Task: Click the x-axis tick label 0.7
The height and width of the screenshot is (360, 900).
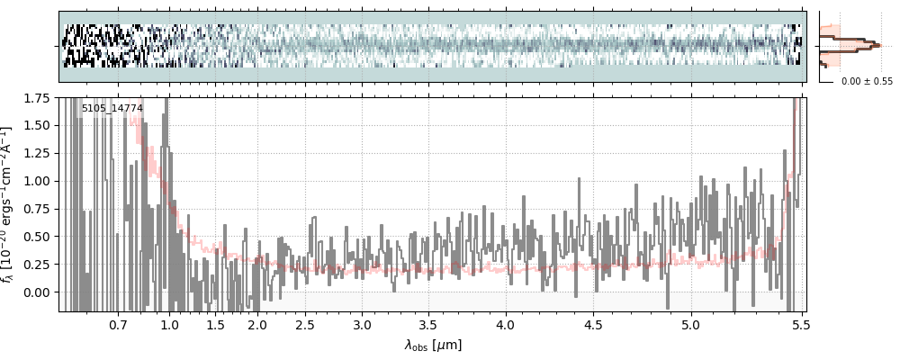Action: click(118, 324)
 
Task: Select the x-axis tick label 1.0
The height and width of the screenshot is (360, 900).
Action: click(169, 324)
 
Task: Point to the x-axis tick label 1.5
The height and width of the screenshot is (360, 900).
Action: click(216, 324)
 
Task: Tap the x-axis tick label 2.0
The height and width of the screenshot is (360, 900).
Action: click(258, 324)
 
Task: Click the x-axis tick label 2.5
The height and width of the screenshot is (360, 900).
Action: click(305, 324)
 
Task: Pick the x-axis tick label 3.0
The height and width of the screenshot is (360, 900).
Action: click(362, 324)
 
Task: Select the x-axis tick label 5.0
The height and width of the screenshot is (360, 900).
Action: click(691, 324)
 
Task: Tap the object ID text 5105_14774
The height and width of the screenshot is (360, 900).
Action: click(112, 109)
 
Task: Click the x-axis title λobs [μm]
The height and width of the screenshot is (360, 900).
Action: click(433, 344)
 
